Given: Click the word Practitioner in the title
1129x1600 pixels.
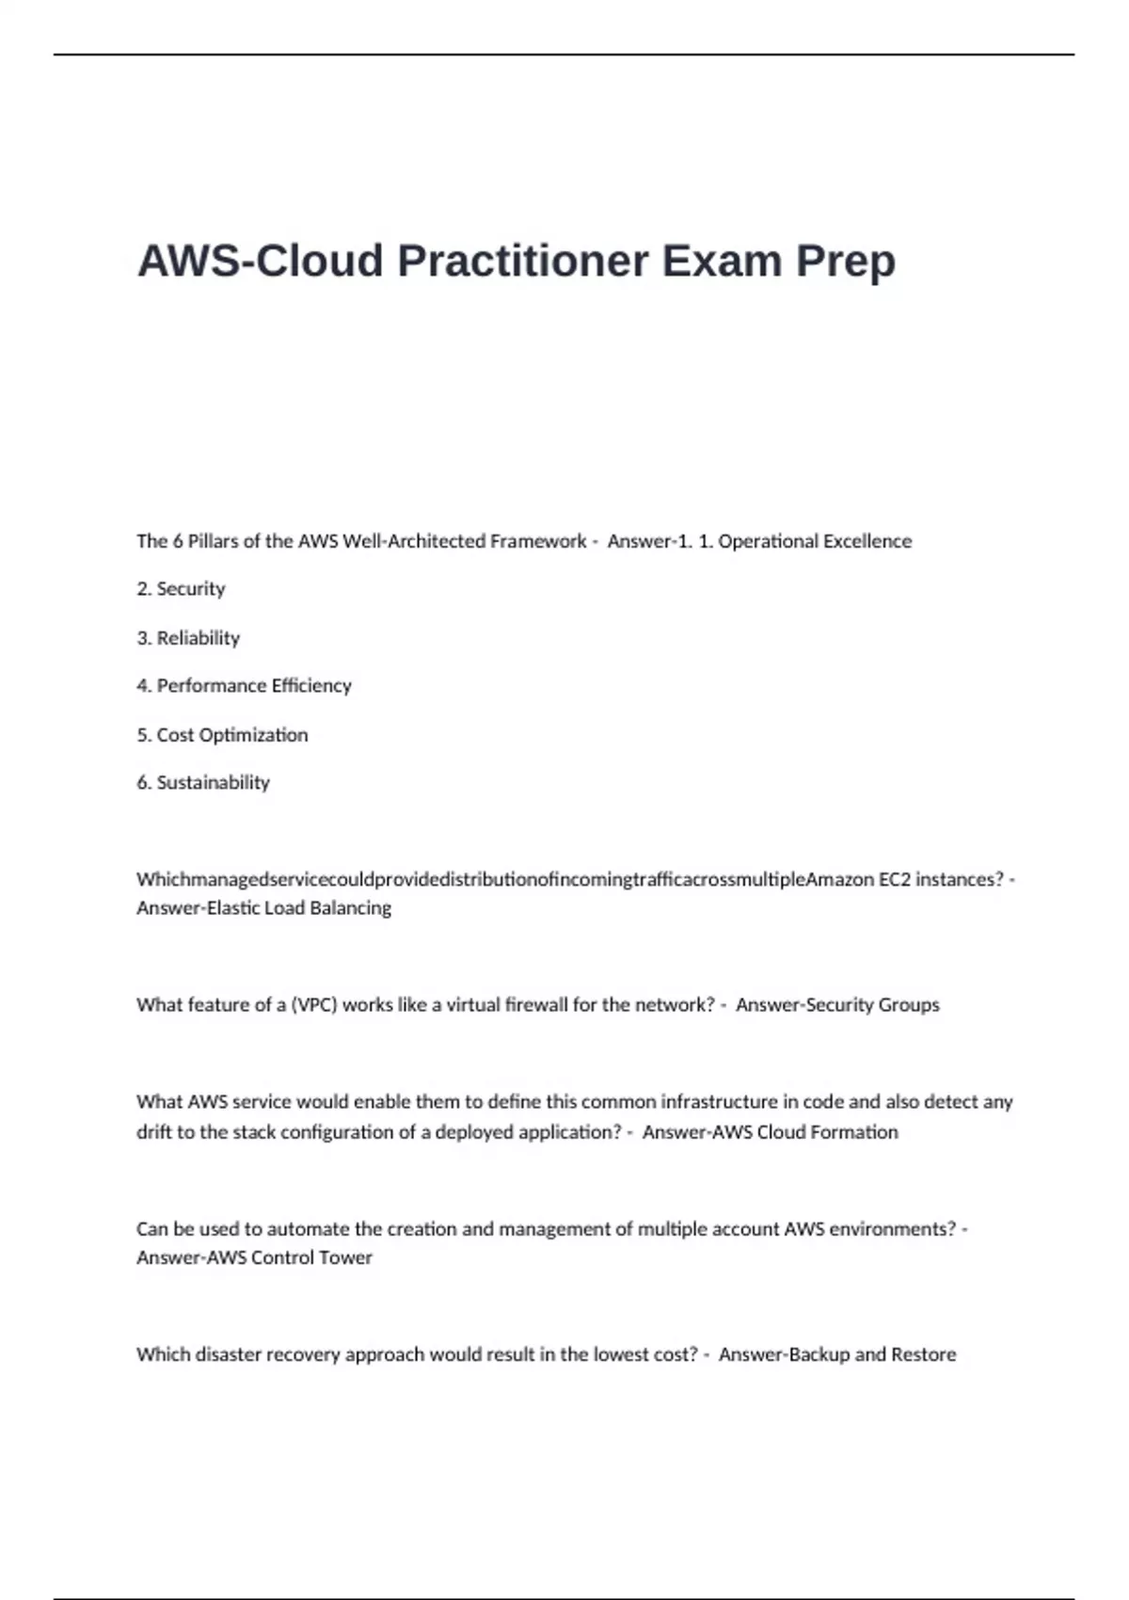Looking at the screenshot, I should click(523, 261).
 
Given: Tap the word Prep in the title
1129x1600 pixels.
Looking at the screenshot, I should click(846, 261).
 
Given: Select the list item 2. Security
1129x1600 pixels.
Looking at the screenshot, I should click(181, 589).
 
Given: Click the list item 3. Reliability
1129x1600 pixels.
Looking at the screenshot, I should click(188, 638).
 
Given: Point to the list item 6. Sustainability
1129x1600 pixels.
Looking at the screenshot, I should click(203, 782).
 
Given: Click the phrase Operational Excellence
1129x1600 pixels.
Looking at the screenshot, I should click(815, 541).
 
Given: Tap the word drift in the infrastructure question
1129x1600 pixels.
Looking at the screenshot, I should click(153, 1132).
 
